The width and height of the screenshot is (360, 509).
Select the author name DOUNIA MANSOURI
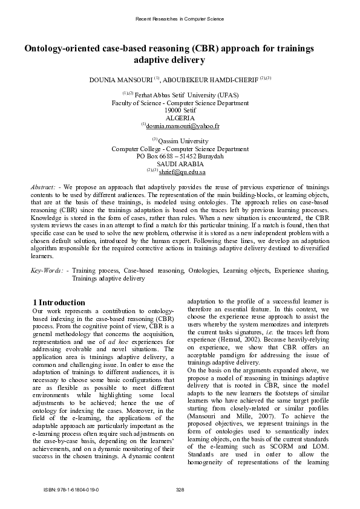120,79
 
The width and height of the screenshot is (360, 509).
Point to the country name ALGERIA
180,118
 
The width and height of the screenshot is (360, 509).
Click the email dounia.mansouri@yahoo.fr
182,126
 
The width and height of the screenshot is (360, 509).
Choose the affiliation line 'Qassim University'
183,141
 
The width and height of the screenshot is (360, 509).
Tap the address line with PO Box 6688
180,156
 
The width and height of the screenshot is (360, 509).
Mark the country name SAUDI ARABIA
180,164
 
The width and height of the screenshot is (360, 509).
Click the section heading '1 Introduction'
59,302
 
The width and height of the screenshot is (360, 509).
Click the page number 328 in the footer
180,488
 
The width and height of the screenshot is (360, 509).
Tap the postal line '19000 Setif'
180,111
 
